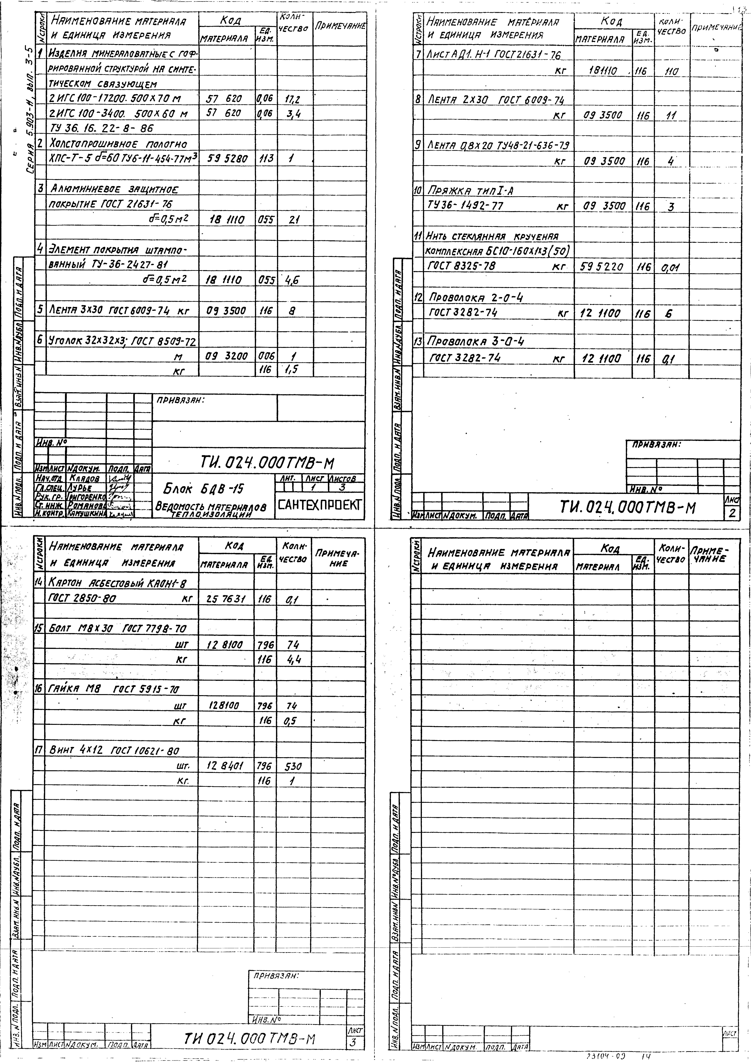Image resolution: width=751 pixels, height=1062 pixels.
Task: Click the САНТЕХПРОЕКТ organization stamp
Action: pyautogui.click(x=319, y=505)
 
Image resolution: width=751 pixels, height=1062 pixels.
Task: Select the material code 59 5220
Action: pyautogui.click(x=601, y=267)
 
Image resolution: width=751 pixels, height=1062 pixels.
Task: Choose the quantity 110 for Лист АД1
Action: pyautogui.click(x=670, y=72)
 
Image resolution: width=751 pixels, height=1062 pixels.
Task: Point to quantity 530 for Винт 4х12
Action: pyautogui.click(x=293, y=766)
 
